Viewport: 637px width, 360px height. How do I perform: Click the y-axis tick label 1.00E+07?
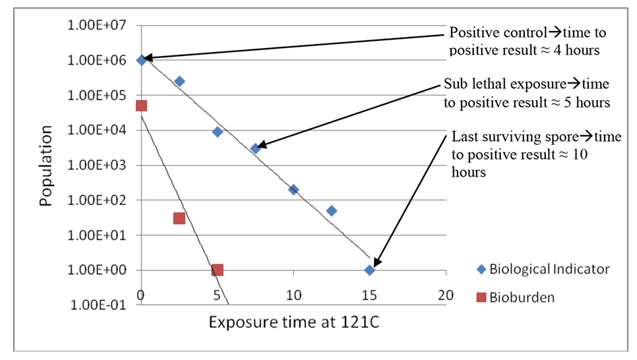[101, 26]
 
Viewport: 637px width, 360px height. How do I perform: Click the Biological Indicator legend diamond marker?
[481, 269]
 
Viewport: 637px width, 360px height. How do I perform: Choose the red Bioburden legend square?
[481, 297]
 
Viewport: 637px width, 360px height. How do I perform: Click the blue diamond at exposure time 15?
[370, 270]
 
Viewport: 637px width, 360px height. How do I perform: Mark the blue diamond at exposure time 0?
[142, 60]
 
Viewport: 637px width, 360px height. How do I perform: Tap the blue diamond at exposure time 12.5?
[332, 211]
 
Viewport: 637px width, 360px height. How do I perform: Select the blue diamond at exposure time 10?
[293, 189]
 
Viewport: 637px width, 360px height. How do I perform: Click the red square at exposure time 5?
[218, 270]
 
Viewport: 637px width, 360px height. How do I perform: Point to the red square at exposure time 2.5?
[179, 218]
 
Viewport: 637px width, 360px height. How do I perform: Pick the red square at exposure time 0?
[141, 105]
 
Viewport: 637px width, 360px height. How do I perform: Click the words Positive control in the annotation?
[492, 33]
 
